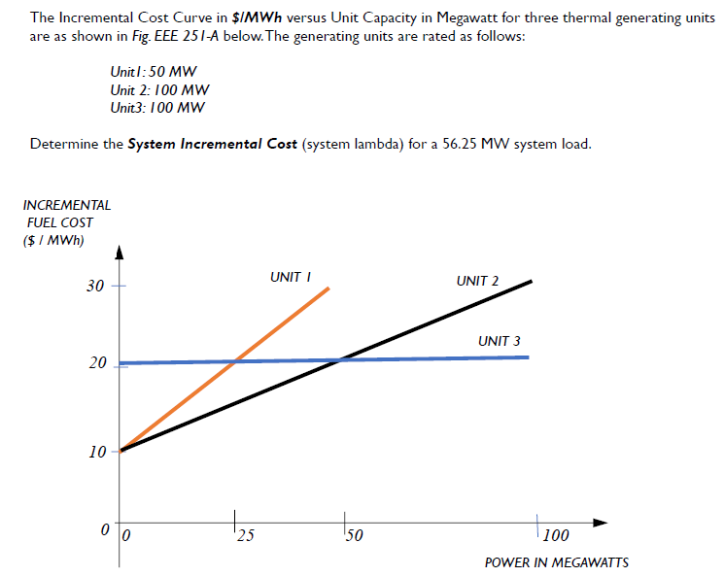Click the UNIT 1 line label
290,277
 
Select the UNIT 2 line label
476,281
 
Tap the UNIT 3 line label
499,341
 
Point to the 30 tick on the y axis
94,287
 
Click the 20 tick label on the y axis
94,363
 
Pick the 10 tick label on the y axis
94,452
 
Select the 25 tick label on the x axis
245,534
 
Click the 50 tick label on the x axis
353,534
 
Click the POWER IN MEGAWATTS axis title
556,562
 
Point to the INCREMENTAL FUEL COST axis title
66,222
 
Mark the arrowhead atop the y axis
121,255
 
